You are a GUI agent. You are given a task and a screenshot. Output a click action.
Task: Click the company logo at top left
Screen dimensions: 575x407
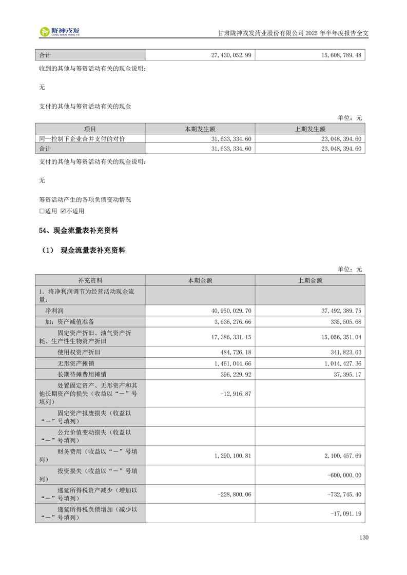(60, 32)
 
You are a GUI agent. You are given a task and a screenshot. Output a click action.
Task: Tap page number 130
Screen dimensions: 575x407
(364, 538)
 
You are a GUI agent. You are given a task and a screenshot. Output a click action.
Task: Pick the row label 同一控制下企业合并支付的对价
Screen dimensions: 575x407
(82, 139)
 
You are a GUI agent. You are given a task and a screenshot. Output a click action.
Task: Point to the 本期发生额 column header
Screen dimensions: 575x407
(200, 129)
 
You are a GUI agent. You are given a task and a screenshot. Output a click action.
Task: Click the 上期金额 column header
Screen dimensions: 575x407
(309, 280)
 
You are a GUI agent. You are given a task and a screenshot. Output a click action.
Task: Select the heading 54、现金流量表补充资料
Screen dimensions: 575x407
(82, 231)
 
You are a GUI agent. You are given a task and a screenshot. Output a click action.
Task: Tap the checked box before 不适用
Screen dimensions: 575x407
(63, 211)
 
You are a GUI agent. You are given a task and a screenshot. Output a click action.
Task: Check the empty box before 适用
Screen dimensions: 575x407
(42, 211)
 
